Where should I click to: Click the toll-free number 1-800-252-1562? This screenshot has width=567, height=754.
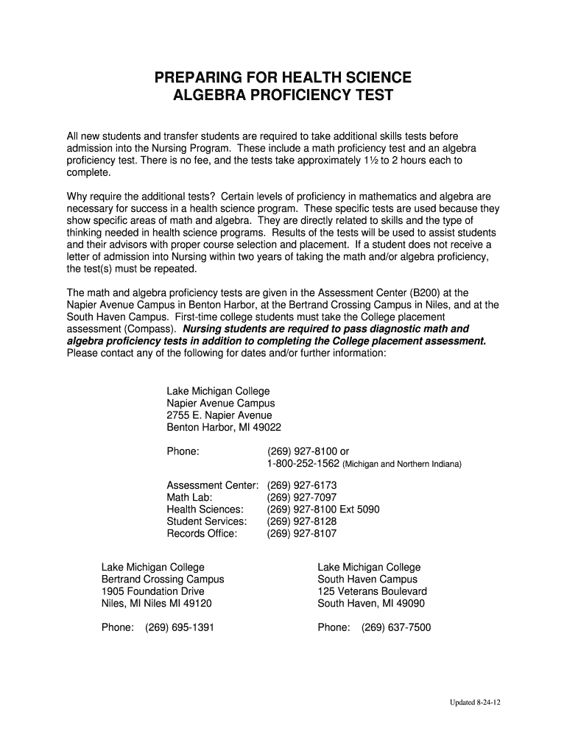click(x=303, y=464)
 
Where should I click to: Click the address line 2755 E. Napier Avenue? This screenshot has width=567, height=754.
click(x=219, y=415)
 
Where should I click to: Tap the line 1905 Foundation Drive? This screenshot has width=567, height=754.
click(x=152, y=591)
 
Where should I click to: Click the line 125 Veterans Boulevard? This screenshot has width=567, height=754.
click(x=372, y=591)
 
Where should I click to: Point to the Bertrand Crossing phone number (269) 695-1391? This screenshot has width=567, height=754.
click(x=180, y=628)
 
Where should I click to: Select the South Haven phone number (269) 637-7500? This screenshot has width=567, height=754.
click(x=396, y=628)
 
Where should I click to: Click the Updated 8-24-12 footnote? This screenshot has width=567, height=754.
click(x=475, y=702)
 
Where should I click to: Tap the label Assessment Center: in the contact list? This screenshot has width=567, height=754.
click(x=212, y=486)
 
